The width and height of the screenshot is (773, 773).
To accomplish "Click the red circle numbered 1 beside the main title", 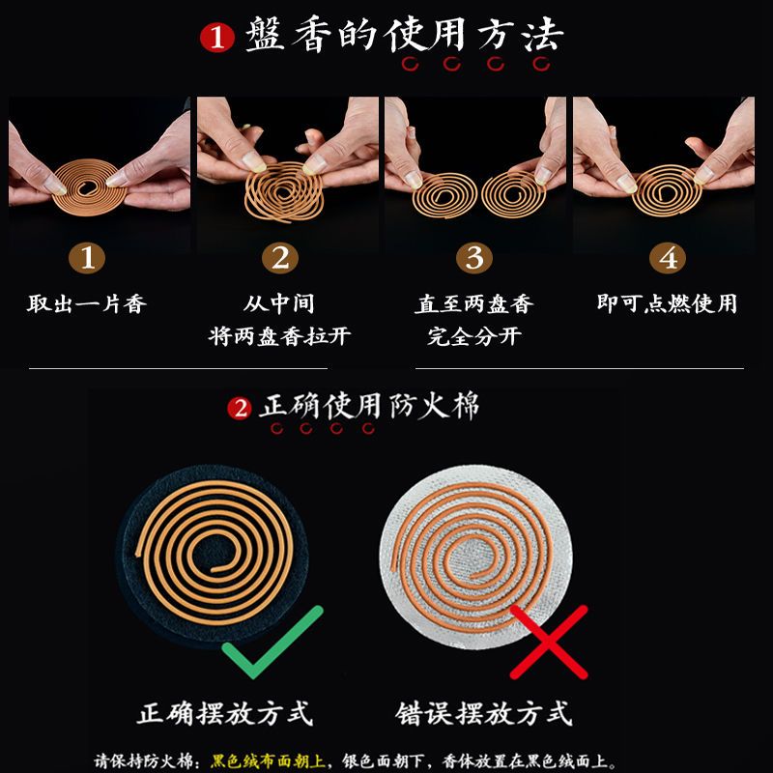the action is tap(216, 38).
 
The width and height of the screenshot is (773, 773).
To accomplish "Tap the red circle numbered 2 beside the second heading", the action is tap(240, 409).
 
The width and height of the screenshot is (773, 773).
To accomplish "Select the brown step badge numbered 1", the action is tap(87, 257).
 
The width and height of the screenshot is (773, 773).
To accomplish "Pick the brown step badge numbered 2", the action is tap(279, 257).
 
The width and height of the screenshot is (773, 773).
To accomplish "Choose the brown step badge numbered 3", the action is tap(474, 257).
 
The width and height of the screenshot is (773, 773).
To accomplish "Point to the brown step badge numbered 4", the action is tap(668, 257).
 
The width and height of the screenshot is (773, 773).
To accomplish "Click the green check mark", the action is tap(272, 642).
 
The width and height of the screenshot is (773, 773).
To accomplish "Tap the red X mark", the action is tap(549, 642).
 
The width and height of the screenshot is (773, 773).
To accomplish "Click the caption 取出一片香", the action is tap(87, 303).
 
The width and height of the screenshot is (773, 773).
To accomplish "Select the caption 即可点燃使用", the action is tap(667, 303).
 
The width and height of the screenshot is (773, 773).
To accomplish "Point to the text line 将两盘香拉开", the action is tap(279, 336).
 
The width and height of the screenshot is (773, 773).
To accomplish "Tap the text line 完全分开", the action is tap(474, 336).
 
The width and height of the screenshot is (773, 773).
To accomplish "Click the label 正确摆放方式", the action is tap(225, 713).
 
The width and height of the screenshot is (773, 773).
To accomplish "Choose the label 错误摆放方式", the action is tap(484, 713).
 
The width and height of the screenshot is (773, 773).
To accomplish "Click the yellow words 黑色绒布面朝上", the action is tap(269, 760).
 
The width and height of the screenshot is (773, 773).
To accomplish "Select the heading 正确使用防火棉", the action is tap(370, 406).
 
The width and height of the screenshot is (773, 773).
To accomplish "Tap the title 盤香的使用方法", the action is tap(404, 35).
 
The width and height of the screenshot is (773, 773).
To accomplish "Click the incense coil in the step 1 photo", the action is tap(89, 186).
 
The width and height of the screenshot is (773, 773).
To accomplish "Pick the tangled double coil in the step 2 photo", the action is tap(284, 191).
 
